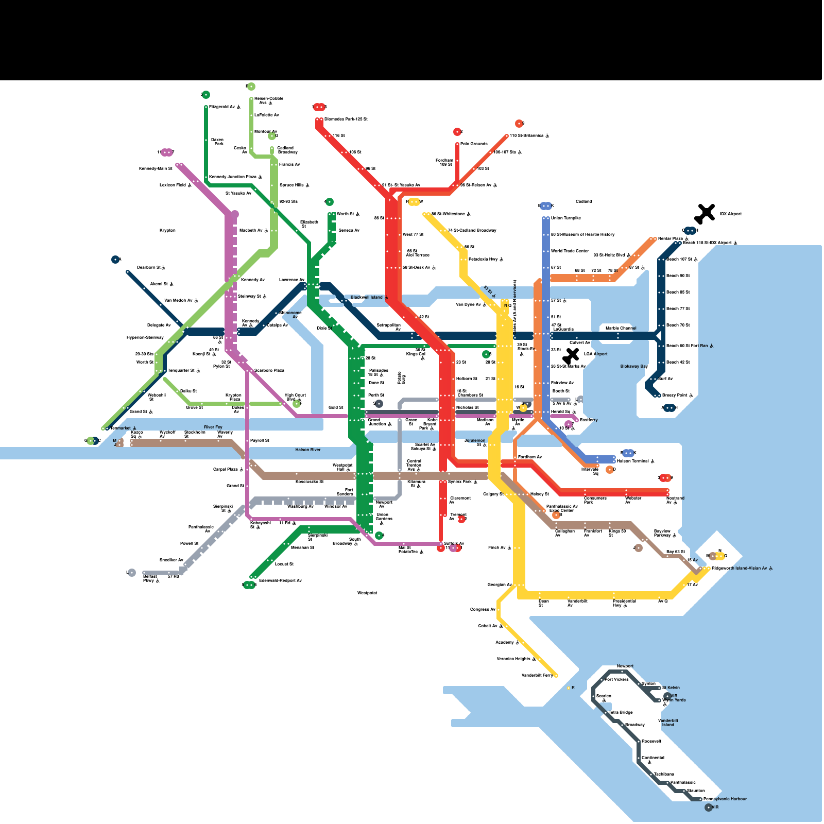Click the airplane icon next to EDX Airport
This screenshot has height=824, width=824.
pos(706,212)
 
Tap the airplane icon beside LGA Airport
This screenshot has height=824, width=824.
pos(571,355)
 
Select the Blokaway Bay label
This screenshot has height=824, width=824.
pos(633,366)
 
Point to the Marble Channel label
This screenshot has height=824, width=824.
pos(621,328)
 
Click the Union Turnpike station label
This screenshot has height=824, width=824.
pos(565,218)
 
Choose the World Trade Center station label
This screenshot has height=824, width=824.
pos(570,251)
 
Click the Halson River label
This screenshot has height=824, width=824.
pos(307,450)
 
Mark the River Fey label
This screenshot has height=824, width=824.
pos(213,427)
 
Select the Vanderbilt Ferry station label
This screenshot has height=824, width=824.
pos(537,675)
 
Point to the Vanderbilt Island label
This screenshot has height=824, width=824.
pos(668,723)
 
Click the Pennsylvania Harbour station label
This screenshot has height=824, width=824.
pos(725,799)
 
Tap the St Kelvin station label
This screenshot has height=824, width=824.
pos(671,688)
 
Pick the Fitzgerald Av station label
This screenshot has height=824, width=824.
pos(222,107)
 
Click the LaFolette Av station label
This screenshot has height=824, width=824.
pos(266,115)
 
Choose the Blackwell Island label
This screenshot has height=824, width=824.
pos(366,297)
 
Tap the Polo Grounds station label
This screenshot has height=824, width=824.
pos(473,144)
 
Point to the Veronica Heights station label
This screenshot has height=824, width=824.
pos(513,659)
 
